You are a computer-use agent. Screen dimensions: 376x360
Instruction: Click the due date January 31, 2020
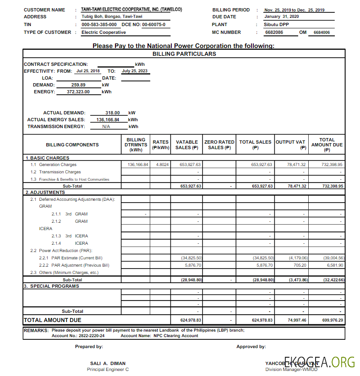click(281, 16)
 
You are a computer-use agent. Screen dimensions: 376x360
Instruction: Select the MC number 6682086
click(274, 32)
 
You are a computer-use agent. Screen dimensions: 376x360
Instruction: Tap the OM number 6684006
click(322, 32)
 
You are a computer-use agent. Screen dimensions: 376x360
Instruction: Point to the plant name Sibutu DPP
click(276, 25)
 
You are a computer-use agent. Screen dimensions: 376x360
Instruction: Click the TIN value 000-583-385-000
click(99, 25)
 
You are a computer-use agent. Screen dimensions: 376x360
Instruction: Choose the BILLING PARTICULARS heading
click(184, 54)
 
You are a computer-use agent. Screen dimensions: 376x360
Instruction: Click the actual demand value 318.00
click(112, 113)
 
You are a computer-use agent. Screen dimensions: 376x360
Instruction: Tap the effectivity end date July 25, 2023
click(134, 71)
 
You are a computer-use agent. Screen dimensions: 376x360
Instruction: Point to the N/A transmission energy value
click(106, 127)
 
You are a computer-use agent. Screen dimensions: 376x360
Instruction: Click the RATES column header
click(161, 145)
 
